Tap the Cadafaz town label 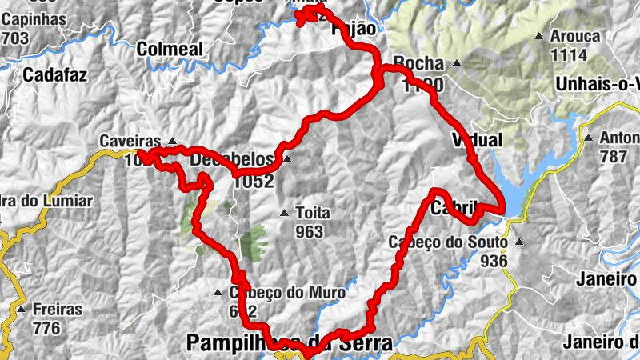(x=54, y=75)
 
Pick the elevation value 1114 (x=569, y=55)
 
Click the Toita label (x=312, y=214)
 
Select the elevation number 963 (x=308, y=232)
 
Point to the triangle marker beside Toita (x=284, y=213)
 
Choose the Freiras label (x=57, y=309)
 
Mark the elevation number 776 (x=46, y=327)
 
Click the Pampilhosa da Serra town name (x=290, y=344)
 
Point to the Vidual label (x=478, y=140)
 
